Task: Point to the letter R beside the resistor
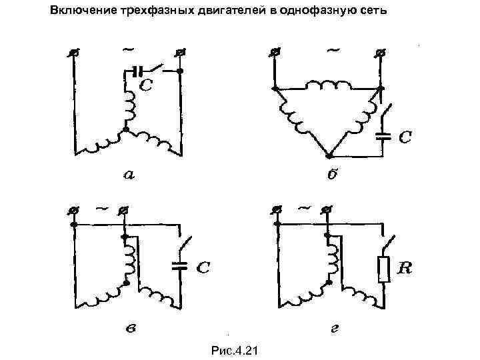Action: coord(405,268)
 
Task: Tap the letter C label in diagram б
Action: coord(405,137)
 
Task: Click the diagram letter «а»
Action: coord(129,175)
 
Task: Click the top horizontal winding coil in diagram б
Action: coord(327,85)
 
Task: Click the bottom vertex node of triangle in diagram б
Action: coord(327,155)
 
